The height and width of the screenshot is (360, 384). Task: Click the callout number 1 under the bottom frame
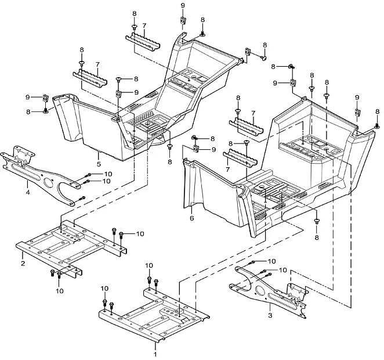155,354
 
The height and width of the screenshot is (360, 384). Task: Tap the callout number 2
23,264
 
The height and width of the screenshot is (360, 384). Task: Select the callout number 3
270,315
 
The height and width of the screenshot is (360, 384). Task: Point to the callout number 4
28,192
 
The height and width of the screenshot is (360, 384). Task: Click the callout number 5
99,164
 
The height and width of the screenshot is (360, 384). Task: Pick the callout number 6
192,218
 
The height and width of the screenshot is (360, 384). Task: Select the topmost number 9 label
183,5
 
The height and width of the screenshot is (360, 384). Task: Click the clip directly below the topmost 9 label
183,20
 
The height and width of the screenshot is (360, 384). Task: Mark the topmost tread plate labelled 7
143,42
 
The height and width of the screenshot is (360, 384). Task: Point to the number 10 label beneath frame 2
60,291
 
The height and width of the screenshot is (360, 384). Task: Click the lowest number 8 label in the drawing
317,237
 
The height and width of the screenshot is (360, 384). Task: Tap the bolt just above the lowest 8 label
317,221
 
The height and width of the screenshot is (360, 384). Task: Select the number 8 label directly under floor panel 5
170,162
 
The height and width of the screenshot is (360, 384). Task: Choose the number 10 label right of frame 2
140,234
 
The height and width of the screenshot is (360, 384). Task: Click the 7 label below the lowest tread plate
228,170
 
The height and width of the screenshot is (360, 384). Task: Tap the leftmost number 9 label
28,98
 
